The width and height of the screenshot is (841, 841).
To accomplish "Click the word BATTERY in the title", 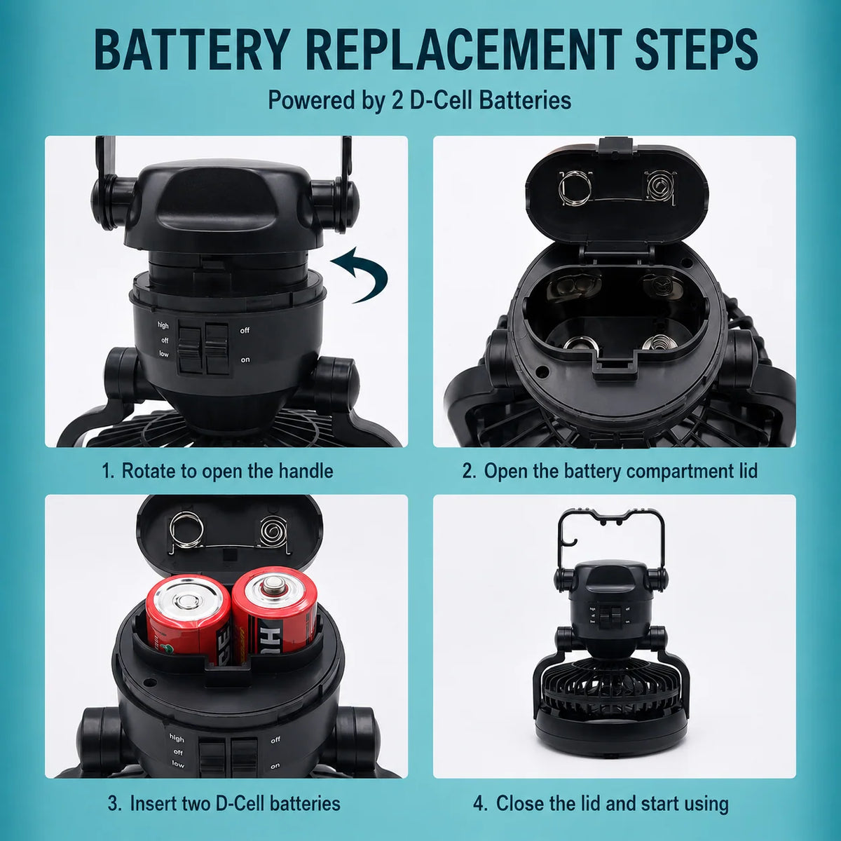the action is click(191, 49).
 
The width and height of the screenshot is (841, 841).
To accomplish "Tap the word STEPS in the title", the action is click(696, 49).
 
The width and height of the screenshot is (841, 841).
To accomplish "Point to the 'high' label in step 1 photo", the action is click(163, 325).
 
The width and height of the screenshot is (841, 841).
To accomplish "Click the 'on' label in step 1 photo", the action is click(245, 360).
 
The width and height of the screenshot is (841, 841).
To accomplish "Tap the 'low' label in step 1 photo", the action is click(164, 354).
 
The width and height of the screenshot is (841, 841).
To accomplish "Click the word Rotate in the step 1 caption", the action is click(147, 471).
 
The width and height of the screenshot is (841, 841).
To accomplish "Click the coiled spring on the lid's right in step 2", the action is click(660, 187).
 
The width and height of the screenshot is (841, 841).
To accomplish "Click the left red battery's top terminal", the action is click(189, 603).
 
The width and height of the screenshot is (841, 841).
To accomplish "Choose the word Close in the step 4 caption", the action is click(520, 803).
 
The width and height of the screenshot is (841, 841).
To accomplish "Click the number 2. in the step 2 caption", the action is click(470, 471).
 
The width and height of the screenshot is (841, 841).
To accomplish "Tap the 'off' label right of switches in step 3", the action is click(275, 740).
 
